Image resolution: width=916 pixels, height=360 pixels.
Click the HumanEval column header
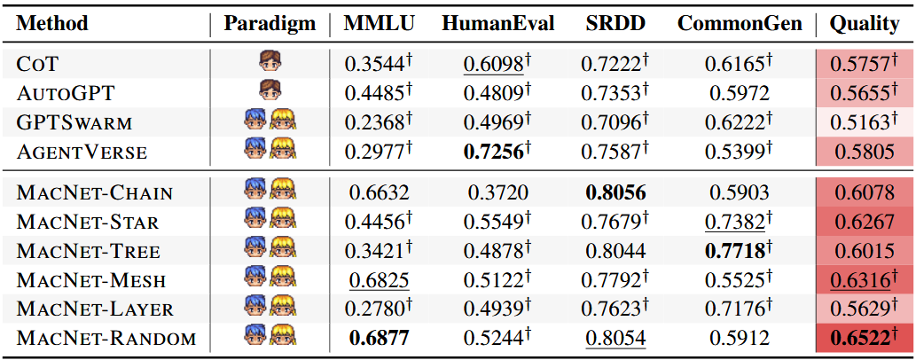pos(497,23)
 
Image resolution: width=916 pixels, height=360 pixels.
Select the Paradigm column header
pos(269,23)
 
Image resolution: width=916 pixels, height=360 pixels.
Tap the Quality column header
pos(864,23)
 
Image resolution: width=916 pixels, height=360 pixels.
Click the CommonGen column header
pos(739,23)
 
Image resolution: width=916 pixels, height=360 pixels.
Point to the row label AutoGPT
pos(66,92)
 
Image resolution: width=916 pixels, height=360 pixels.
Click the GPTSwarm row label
pos(74,121)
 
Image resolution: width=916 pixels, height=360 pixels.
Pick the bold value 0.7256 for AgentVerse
pos(493,152)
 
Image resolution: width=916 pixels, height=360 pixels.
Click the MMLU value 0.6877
pos(379,339)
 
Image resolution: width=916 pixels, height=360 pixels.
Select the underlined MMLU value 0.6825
pos(379,280)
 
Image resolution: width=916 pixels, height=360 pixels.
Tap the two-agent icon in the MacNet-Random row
pos(269,338)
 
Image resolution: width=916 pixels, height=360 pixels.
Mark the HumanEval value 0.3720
pos(493,192)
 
